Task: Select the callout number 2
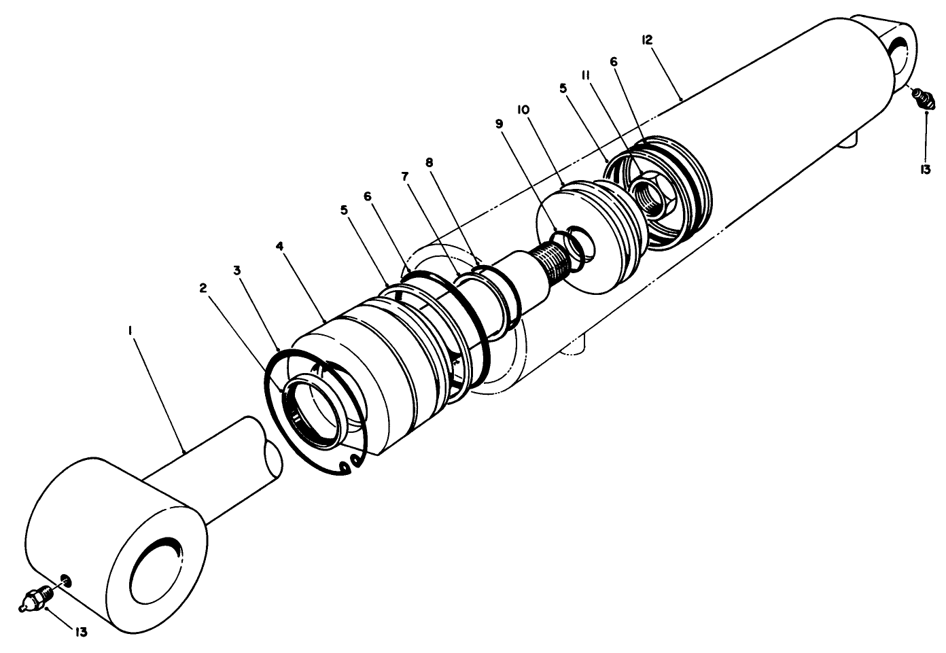point(203,287)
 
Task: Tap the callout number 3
point(236,270)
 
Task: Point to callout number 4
point(279,245)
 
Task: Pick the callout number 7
point(405,176)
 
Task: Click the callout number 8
point(429,162)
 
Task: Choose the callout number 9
point(499,124)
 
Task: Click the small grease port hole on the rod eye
point(65,580)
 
